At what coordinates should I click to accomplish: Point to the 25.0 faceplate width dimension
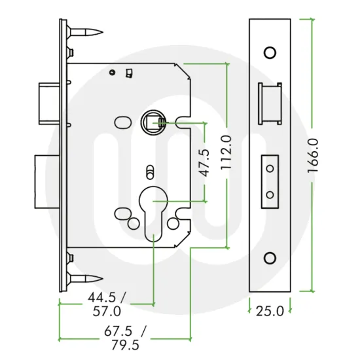point(270,311)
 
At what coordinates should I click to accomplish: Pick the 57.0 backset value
point(106,312)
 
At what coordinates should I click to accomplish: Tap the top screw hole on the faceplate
point(270,52)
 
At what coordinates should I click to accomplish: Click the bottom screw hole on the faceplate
point(270,258)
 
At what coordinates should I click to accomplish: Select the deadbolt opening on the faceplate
point(270,180)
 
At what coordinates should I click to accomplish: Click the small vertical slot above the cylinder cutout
point(150,171)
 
